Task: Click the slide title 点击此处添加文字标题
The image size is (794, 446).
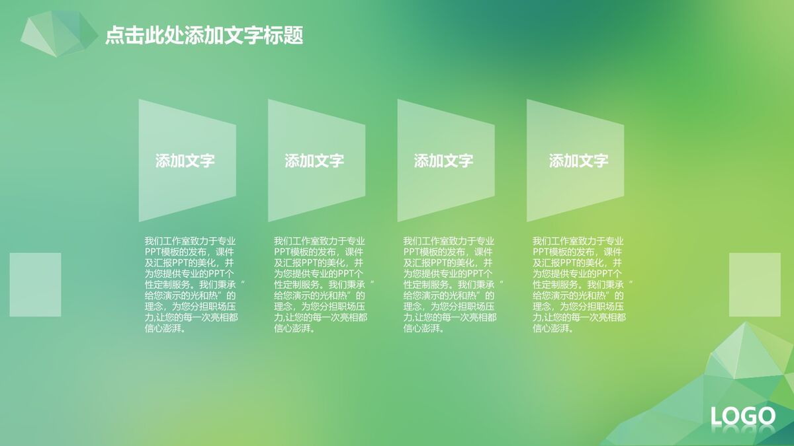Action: (204, 36)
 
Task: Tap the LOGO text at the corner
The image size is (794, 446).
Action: (742, 416)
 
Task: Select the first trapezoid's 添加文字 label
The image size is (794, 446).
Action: (185, 161)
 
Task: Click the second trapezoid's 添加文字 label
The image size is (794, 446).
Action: (314, 161)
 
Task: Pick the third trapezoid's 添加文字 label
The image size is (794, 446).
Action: (443, 161)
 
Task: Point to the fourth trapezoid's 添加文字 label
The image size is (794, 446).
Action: (578, 161)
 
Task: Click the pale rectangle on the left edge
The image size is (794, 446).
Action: (35, 284)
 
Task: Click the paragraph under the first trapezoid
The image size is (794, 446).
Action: (191, 285)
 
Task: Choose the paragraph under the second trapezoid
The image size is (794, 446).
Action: (320, 285)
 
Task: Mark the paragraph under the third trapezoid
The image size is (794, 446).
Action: (449, 285)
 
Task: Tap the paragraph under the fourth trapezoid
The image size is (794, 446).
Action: (579, 285)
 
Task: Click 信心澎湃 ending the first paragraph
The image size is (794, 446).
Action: (163, 328)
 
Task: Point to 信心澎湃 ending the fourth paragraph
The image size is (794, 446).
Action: (551, 328)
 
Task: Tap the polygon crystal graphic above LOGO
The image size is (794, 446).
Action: (741, 357)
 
